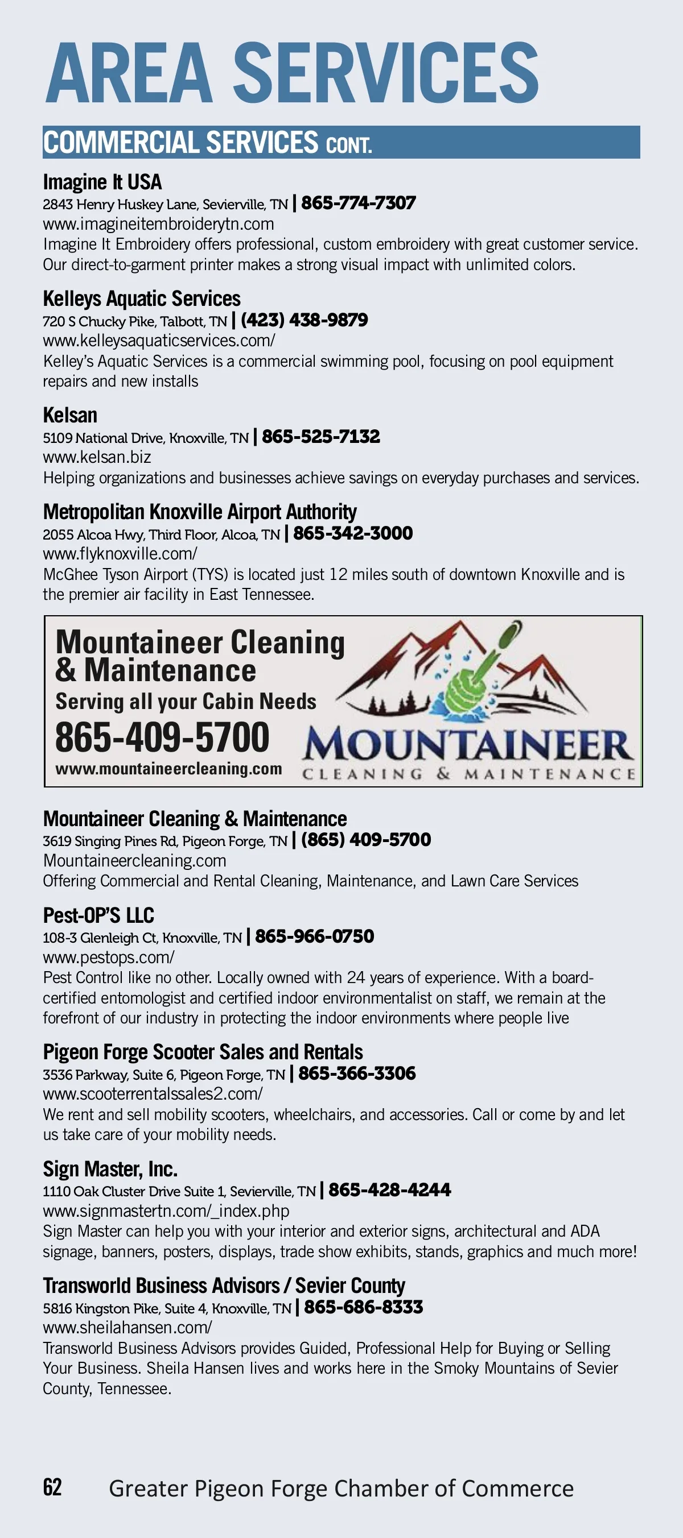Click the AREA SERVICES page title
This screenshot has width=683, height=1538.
pos(291,73)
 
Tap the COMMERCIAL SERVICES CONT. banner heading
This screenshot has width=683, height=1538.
pos(207,143)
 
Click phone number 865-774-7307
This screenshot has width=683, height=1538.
pos(358,204)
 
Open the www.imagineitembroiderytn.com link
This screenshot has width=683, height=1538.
pos(158,224)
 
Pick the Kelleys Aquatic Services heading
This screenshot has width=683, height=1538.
pos(142,299)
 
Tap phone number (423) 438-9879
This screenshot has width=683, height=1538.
pos(304,321)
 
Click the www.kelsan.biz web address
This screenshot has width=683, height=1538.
pos(97,457)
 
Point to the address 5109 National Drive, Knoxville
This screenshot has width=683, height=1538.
pos(145,438)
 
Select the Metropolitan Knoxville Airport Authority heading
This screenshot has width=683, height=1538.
pos(200,512)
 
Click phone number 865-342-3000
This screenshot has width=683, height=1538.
pos(352,533)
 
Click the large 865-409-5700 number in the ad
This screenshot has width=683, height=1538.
pos(162,737)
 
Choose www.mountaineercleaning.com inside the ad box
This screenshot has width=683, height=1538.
pos(168,769)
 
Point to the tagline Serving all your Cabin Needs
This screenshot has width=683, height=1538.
pos(186,702)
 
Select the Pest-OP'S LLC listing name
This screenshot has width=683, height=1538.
pos(98,915)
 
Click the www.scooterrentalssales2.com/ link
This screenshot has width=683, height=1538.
pos(153,1094)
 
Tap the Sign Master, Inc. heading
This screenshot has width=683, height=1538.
pos(110,1168)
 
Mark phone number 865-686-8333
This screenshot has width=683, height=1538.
pos(363,1307)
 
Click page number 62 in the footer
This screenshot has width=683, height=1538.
pos(52,1487)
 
